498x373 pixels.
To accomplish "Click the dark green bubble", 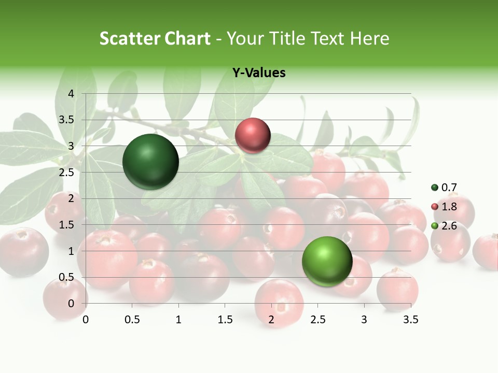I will [x=151, y=162].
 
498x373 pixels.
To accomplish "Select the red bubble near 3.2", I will [x=253, y=136].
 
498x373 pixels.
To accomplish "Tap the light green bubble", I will [x=327, y=261].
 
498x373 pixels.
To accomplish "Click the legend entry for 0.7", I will [x=445, y=188].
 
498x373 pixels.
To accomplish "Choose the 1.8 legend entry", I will [x=445, y=207].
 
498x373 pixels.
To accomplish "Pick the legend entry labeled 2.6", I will [x=445, y=226].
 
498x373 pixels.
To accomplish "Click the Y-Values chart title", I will [x=259, y=73].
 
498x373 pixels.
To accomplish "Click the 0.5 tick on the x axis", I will [x=132, y=320].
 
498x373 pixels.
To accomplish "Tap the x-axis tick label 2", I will [x=271, y=320].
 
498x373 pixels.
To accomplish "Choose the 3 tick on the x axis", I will [x=364, y=320].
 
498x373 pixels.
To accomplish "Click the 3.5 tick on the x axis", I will [x=410, y=320].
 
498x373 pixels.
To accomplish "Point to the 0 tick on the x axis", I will [x=86, y=320].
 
